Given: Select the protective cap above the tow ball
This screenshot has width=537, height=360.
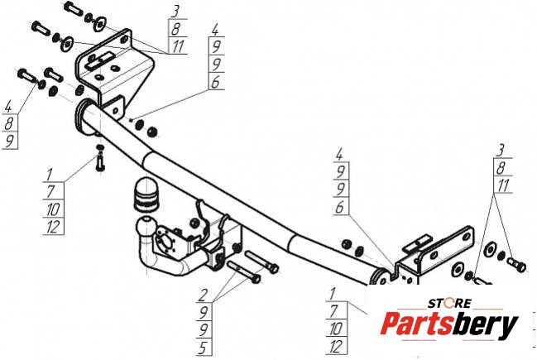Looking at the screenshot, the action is (145, 194).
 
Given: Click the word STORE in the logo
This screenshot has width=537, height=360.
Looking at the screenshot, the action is (449, 303).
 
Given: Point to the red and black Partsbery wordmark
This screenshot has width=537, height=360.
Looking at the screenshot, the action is (449, 324).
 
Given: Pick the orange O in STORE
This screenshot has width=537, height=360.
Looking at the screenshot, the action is (448, 303).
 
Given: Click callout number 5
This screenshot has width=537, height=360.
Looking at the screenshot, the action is (203, 348).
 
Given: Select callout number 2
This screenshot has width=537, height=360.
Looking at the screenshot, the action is (204, 295).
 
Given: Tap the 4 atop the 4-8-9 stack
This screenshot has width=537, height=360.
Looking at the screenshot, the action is (8, 107).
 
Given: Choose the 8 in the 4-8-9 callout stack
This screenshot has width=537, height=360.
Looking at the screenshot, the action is (9, 123).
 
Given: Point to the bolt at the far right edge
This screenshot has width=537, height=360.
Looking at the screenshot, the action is (516, 265).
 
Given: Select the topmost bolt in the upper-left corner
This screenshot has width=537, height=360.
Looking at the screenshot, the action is (74, 7).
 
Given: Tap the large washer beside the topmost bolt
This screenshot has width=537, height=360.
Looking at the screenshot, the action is (100, 23).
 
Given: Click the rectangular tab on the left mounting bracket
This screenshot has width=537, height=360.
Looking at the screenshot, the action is (100, 60).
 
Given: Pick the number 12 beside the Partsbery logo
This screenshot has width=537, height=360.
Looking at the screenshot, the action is (336, 347).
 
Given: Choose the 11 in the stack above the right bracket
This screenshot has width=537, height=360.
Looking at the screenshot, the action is (503, 185).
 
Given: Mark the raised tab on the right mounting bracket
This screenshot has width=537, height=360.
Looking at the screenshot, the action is (416, 243).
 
